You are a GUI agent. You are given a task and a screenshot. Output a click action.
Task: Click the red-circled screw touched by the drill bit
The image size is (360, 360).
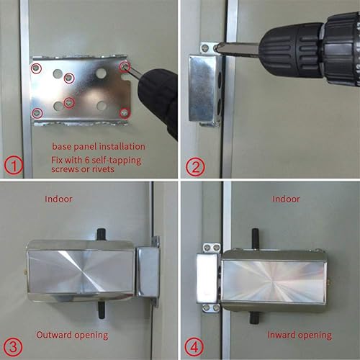point(126,66)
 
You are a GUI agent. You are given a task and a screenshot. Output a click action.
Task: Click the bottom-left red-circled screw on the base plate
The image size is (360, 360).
point(37,112)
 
